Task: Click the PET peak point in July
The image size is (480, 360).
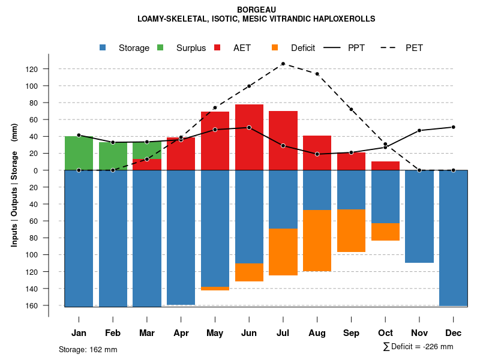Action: pyautogui.click(x=283, y=64)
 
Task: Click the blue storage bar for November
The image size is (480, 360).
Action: pyautogui.click(x=419, y=216)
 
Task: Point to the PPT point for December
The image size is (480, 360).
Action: pyautogui.click(x=454, y=127)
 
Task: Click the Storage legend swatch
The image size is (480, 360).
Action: pyautogui.click(x=103, y=48)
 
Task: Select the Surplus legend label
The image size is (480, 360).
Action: pyautogui.click(x=191, y=48)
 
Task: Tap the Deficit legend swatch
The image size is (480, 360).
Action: pyautogui.click(x=275, y=48)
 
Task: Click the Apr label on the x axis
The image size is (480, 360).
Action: pyautogui.click(x=181, y=333)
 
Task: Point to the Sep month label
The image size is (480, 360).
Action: pyautogui.click(x=352, y=333)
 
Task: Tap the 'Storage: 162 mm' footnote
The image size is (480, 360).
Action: pyautogui.click(x=88, y=349)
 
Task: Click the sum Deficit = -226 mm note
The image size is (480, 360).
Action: pyautogui.click(x=418, y=347)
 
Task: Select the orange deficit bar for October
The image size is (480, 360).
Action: pyautogui.click(x=385, y=232)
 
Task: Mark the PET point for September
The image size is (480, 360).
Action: pyautogui.click(x=351, y=109)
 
